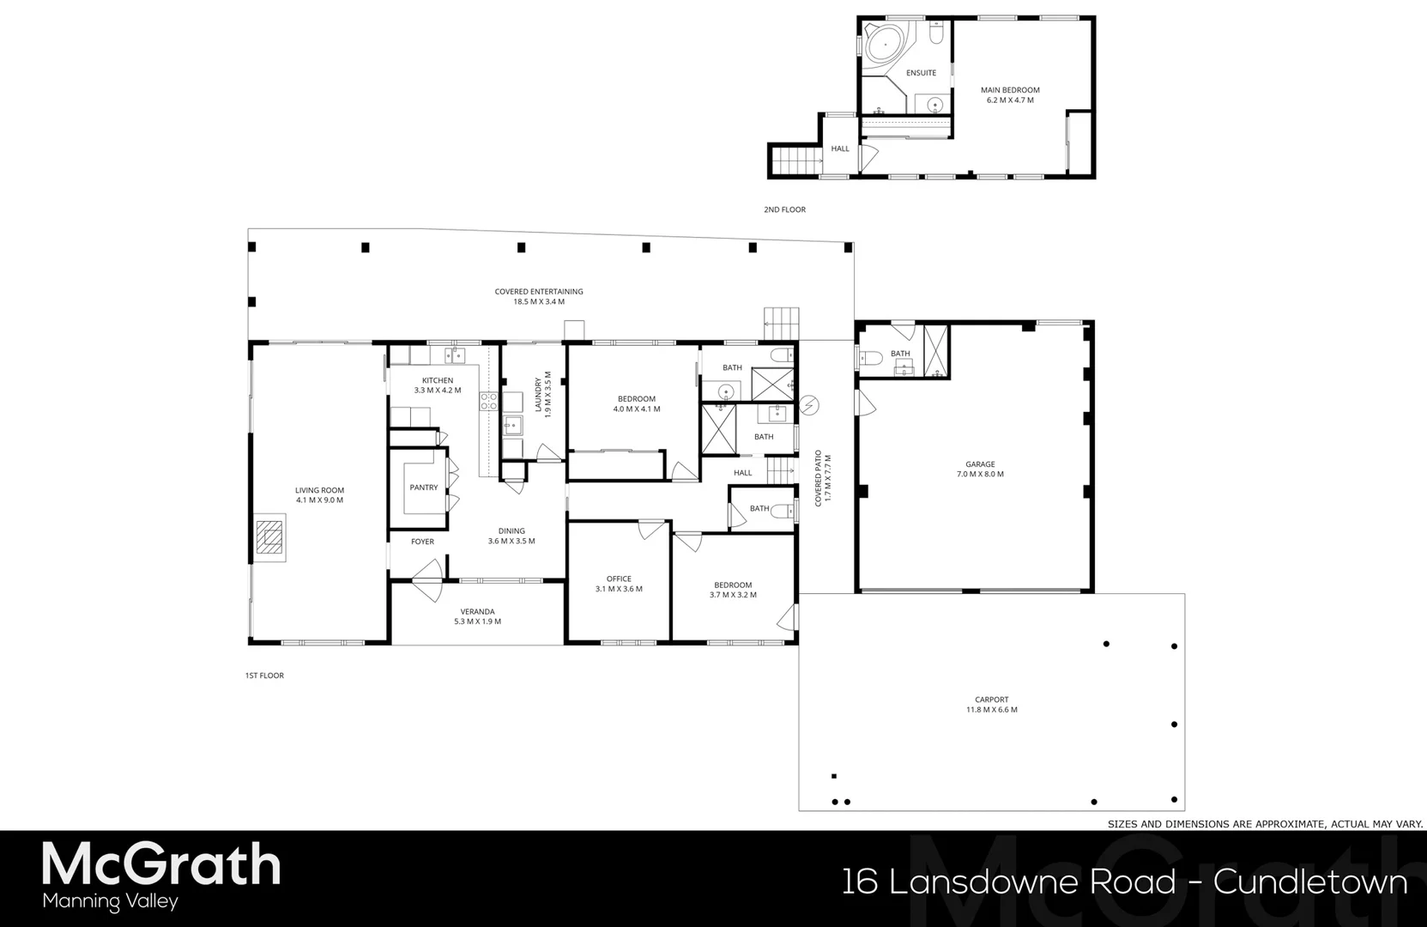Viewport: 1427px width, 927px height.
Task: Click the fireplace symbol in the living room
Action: [x=270, y=539]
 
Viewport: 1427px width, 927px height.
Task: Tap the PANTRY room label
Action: [x=424, y=488]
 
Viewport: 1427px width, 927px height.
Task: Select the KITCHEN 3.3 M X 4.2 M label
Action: [x=438, y=385]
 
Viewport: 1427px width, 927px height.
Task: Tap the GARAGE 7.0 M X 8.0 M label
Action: [x=980, y=469]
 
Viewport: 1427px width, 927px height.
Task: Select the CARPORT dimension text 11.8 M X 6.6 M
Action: [x=991, y=710]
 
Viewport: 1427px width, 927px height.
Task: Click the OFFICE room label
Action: [x=619, y=579]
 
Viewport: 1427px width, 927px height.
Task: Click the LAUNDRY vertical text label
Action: [x=543, y=395]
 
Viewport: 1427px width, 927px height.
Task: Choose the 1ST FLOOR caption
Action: [x=264, y=676]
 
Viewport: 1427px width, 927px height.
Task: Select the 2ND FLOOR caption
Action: [x=784, y=209]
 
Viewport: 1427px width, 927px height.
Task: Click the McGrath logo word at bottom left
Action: [x=161, y=864]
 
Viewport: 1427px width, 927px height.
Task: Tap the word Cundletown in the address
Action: [x=1310, y=882]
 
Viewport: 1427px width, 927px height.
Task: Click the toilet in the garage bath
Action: [x=870, y=358]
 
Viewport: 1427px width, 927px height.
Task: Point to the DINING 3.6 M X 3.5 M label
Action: [x=511, y=536]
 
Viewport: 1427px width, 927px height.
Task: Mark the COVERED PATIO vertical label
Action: [x=823, y=477]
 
